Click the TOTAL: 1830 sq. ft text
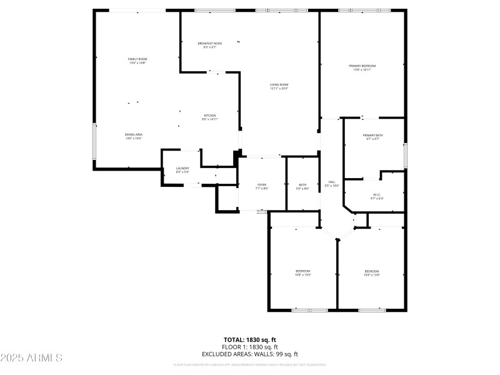coord(249,339)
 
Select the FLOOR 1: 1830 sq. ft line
coord(249,347)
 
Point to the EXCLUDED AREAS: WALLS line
coord(249,354)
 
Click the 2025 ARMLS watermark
coord(31,358)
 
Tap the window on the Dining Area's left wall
coord(94,141)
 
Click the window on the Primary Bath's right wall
coord(405,155)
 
